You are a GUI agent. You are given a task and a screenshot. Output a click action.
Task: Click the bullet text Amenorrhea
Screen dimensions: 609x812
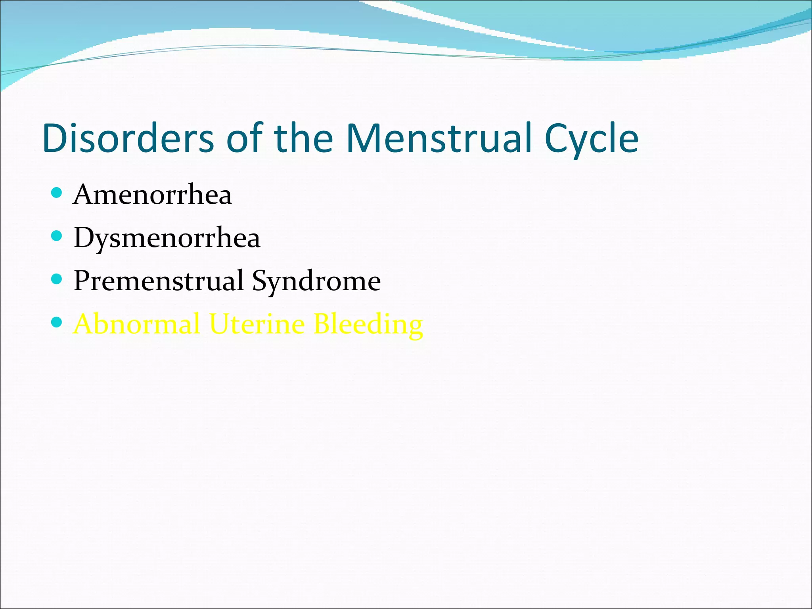coord(152,195)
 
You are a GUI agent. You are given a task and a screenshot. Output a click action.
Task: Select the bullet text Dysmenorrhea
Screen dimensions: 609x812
coord(167,238)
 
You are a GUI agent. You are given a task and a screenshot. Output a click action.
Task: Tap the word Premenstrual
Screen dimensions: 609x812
coord(159,281)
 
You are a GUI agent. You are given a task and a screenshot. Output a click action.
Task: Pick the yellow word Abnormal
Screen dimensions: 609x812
coord(137,324)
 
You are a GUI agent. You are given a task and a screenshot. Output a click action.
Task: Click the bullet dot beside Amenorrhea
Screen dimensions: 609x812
coord(57,193)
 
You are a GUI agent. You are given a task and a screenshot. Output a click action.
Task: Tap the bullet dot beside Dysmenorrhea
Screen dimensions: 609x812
coord(57,236)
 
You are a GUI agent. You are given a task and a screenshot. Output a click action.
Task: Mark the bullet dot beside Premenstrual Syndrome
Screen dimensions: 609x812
coord(57,279)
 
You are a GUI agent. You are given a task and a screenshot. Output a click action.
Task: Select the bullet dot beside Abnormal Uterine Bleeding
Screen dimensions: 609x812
coord(57,322)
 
